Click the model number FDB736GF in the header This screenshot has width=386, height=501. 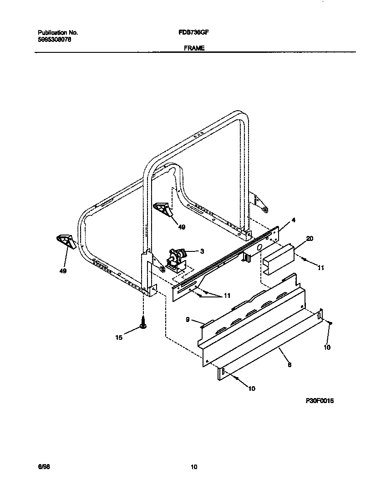pyautogui.click(x=194, y=33)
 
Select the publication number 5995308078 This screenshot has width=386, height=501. pyautogui.click(x=54, y=39)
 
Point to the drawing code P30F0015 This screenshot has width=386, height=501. pyautogui.click(x=320, y=401)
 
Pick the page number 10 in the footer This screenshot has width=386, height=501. pyautogui.click(x=194, y=467)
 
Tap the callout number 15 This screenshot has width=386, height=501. pyautogui.click(x=119, y=338)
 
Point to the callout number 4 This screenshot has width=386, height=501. pyautogui.click(x=293, y=220)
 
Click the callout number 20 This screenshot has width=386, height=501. pyautogui.click(x=310, y=239)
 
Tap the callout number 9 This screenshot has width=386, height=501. pyautogui.click(x=188, y=320)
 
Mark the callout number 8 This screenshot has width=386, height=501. pyautogui.click(x=289, y=364)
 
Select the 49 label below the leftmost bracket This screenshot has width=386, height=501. pyautogui.click(x=63, y=271)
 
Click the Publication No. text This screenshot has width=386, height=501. pyautogui.click(x=58, y=33)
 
